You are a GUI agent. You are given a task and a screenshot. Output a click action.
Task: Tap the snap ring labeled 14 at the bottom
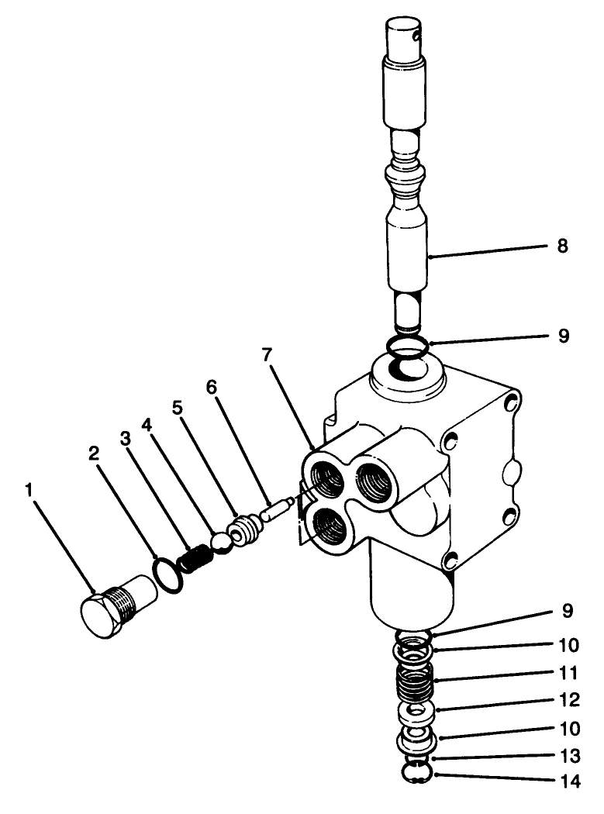(x=418, y=773)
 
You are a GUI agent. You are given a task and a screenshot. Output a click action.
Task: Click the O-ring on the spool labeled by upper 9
(x=408, y=347)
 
